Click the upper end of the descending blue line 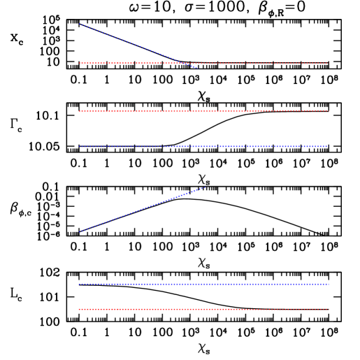pos(79,24)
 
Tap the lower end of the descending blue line pos(197,68)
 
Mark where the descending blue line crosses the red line pos(185,63)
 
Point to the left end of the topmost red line pos(79,63)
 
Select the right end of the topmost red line pos(327,63)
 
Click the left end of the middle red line pos(79,111)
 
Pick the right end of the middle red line pos(329,110)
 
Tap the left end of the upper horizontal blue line pos(79,147)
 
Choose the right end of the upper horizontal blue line pos(326,146)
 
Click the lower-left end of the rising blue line pos(79,232)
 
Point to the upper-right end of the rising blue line pos(204,187)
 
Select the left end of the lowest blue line pos(79,284)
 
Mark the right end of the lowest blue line pos(329,284)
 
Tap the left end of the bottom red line pos(79,309)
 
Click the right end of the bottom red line pos(329,309)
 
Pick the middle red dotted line pos(203,111)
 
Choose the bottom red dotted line pos(203,309)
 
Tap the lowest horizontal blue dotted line pos(203,284)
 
